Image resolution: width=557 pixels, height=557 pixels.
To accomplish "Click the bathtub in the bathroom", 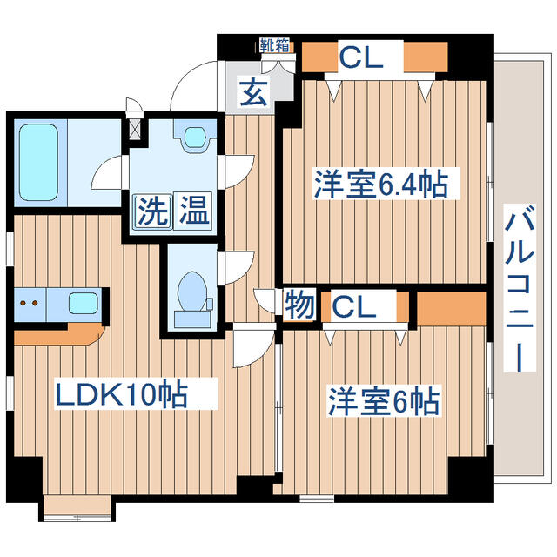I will click(x=37, y=159).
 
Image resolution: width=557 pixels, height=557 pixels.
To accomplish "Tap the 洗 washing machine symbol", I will click(x=150, y=211).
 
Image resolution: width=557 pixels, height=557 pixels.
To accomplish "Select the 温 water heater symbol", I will click(x=193, y=211).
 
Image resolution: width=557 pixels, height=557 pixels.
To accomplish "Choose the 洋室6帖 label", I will click(x=383, y=403).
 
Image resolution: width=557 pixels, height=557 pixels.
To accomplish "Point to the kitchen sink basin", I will click(x=83, y=305).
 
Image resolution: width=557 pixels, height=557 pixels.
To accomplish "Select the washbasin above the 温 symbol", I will click(x=193, y=137).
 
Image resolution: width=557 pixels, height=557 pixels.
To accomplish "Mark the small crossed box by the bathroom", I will click(x=134, y=128).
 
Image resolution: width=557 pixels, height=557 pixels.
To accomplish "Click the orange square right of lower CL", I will click(x=451, y=306).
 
